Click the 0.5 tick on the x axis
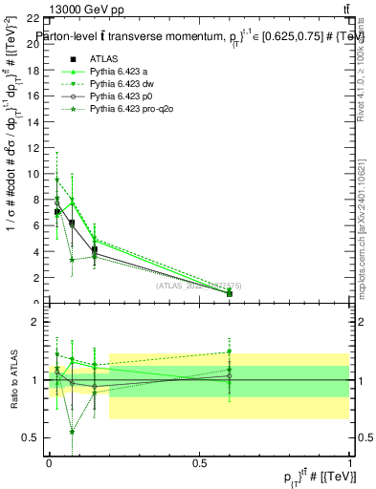199,462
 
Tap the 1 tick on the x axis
349,462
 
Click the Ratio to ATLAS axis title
12,380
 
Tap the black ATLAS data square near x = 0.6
229,293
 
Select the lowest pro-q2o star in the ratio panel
73,432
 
